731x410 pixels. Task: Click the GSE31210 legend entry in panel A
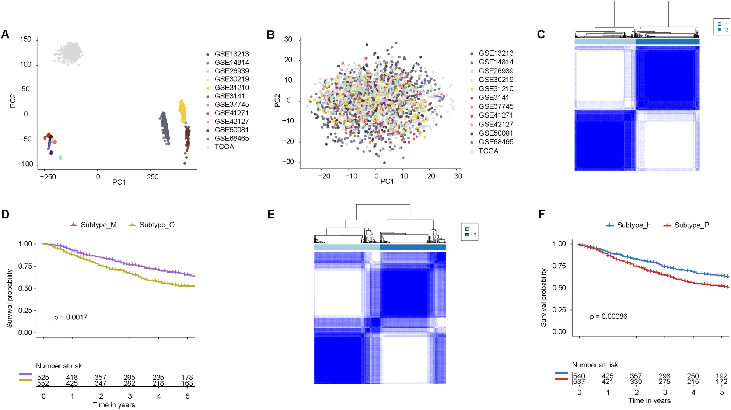pyautogui.click(x=231, y=88)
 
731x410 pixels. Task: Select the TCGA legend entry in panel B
pyautogui.click(x=488, y=151)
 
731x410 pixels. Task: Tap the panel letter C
pyautogui.click(x=541, y=35)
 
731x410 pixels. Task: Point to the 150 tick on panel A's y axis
pyautogui.click(x=25, y=39)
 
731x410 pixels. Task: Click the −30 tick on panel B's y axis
pyautogui.click(x=288, y=162)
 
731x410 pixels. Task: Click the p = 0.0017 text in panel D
pyautogui.click(x=71, y=317)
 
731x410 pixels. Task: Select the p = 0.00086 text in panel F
pyautogui.click(x=608, y=316)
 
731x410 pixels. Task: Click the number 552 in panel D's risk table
pyautogui.click(x=43, y=383)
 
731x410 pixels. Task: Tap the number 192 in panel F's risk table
pyautogui.click(x=721, y=376)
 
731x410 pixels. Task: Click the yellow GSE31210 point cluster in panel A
pyautogui.click(x=182, y=111)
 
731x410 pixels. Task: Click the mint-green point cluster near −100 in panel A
pyautogui.click(x=60, y=158)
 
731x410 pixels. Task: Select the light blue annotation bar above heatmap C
pyautogui.click(x=605, y=42)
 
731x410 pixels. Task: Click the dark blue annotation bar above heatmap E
pyautogui.click(x=413, y=247)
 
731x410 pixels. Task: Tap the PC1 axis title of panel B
pyautogui.click(x=387, y=182)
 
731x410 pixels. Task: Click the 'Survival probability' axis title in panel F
pyautogui.click(x=543, y=298)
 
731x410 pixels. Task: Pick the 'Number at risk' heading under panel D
pyautogui.click(x=59, y=366)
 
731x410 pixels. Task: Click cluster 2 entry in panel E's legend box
pyautogui.click(x=471, y=235)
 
